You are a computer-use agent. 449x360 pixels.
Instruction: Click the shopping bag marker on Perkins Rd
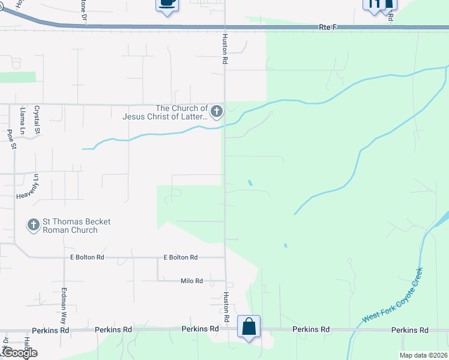[x=249, y=327]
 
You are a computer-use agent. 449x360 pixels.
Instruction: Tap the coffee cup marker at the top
[x=167, y=4]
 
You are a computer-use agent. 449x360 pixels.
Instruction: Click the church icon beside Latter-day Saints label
[x=216, y=111]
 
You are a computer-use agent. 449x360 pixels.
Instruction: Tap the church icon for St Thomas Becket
[x=33, y=226]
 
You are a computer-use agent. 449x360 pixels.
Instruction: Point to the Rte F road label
[x=325, y=28]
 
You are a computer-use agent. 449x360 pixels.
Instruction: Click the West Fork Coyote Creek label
[x=393, y=295]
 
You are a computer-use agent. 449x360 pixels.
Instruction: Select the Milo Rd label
[x=191, y=281]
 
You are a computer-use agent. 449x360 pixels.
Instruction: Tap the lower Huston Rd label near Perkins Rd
[x=227, y=308]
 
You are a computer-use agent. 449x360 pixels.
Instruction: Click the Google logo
[x=19, y=353]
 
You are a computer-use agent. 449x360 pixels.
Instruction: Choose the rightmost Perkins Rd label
[x=409, y=330]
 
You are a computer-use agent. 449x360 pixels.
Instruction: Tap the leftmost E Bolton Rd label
[x=88, y=257]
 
